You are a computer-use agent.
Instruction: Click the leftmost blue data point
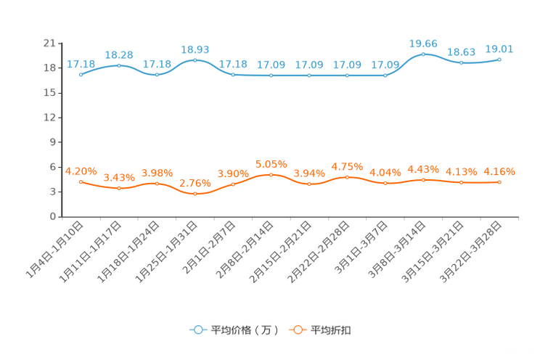pyautogui.click(x=81, y=74)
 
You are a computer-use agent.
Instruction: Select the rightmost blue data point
pyautogui.click(x=499, y=60)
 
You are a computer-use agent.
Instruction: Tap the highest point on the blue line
pyautogui.click(x=423, y=54)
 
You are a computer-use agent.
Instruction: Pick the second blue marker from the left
pyautogui.click(x=119, y=65)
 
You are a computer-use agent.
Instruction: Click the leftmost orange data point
pyautogui.click(x=81, y=181)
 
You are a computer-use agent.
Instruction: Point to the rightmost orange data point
pyautogui.click(x=499, y=182)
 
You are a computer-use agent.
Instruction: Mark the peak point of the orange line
pyautogui.click(x=271, y=174)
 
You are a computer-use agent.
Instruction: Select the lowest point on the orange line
pyautogui.click(x=195, y=195)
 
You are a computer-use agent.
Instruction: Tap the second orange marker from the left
pyautogui.click(x=119, y=189)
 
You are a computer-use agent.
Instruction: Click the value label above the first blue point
pyautogui.click(x=81, y=64)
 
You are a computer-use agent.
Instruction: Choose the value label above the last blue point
pyautogui.click(x=499, y=49)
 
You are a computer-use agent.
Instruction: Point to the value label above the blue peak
pyautogui.click(x=423, y=44)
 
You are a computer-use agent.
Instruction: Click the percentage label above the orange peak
pyautogui.click(x=271, y=163)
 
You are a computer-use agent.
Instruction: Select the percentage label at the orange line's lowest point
pyautogui.click(x=195, y=184)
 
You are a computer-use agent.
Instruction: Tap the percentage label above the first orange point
pyautogui.click(x=81, y=171)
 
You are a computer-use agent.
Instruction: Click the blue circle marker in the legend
pyautogui.click(x=197, y=330)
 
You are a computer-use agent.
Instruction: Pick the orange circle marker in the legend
pyautogui.click(x=297, y=330)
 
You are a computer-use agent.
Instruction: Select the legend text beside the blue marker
pyautogui.click(x=243, y=330)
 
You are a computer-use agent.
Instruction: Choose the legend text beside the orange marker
pyautogui.click(x=332, y=330)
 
